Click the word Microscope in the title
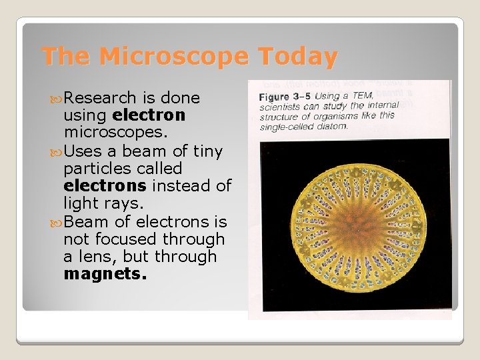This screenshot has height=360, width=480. [173, 57]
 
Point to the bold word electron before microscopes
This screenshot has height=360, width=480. [149, 115]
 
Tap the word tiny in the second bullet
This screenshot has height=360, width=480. [207, 151]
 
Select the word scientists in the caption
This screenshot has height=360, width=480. [279, 107]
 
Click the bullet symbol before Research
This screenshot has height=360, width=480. [55, 99]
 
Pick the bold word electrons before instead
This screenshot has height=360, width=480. [105, 186]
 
